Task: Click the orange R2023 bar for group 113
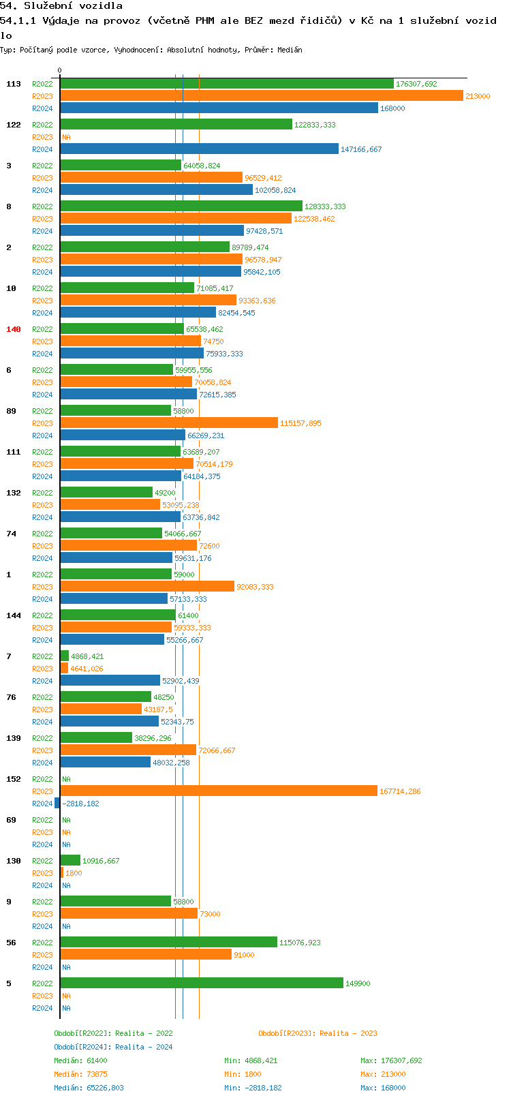pyautogui.click(x=262, y=96)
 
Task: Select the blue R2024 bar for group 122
pyautogui.click(x=199, y=149)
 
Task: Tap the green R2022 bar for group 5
pyautogui.click(x=202, y=983)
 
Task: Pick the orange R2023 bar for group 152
pyautogui.click(x=219, y=791)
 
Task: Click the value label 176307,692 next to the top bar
pyautogui.click(x=416, y=85)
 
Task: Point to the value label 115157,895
pyautogui.click(x=300, y=424)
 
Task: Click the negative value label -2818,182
pyautogui.click(x=80, y=804)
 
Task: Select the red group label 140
pyautogui.click(x=14, y=329)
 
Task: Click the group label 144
pyautogui.click(x=14, y=615)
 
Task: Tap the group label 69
pyautogui.click(x=11, y=820)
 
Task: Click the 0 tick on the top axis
pyautogui.click(x=60, y=71)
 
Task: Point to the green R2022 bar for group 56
pyautogui.click(x=169, y=943)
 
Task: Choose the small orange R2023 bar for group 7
pyautogui.click(x=64, y=669)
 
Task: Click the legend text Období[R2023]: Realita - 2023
pyautogui.click(x=318, y=1033)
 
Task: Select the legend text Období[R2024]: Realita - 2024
pyautogui.click(x=113, y=1047)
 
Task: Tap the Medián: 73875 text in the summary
pyautogui.click(x=80, y=1074)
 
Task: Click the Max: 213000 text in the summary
pyautogui.click(x=383, y=1074)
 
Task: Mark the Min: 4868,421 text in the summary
pyautogui.click(x=251, y=1060)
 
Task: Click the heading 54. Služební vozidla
pyautogui.click(x=61, y=6)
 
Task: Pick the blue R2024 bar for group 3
pyautogui.click(x=156, y=190)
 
